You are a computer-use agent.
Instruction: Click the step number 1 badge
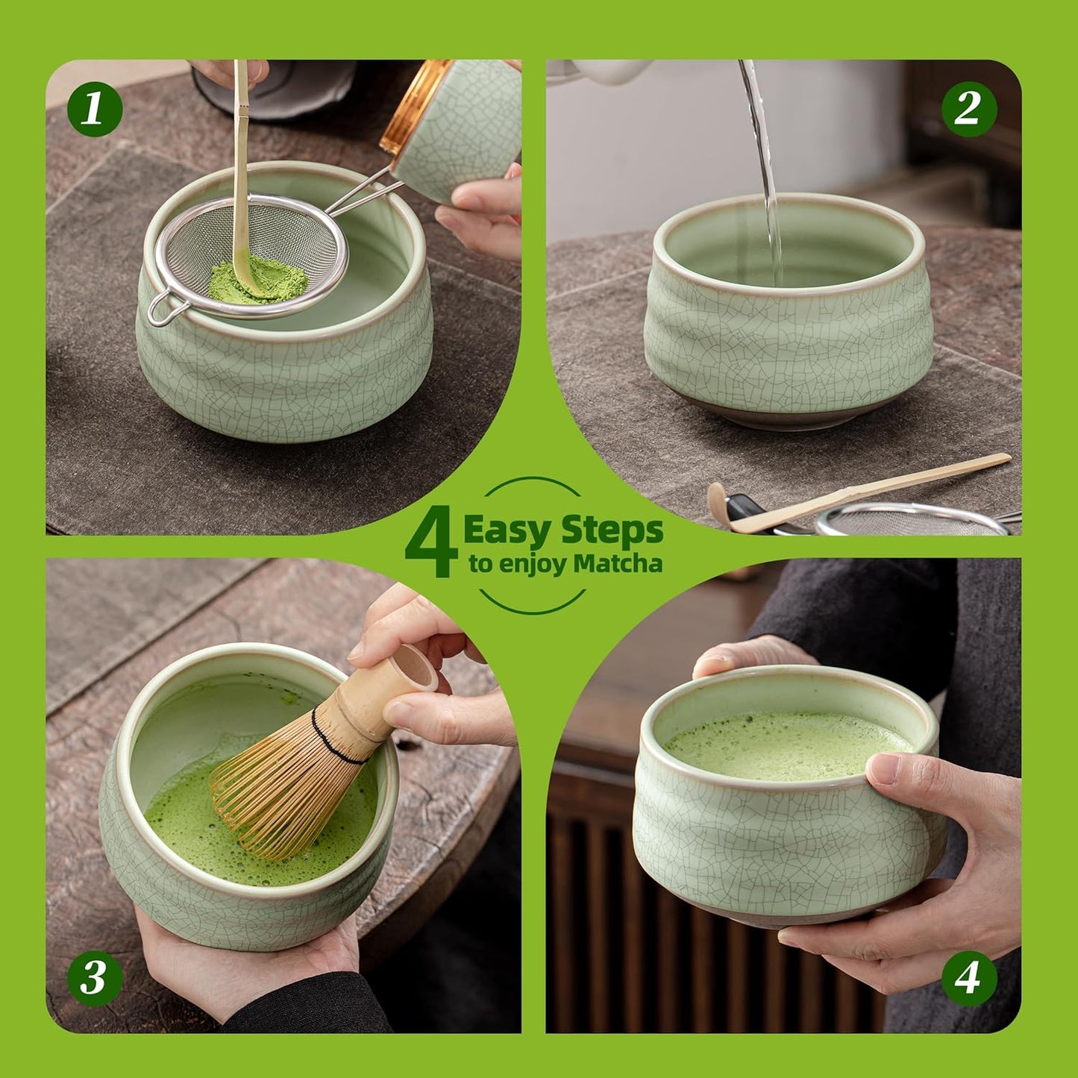click(95, 109)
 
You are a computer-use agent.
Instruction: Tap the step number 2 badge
click(968, 109)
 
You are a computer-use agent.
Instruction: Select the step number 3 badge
click(95, 977)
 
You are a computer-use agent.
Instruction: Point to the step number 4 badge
click(968, 977)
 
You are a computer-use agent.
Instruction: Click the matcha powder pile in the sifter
click(257, 281)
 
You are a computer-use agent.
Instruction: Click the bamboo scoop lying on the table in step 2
click(858, 492)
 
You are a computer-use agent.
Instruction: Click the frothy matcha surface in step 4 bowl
click(783, 746)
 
